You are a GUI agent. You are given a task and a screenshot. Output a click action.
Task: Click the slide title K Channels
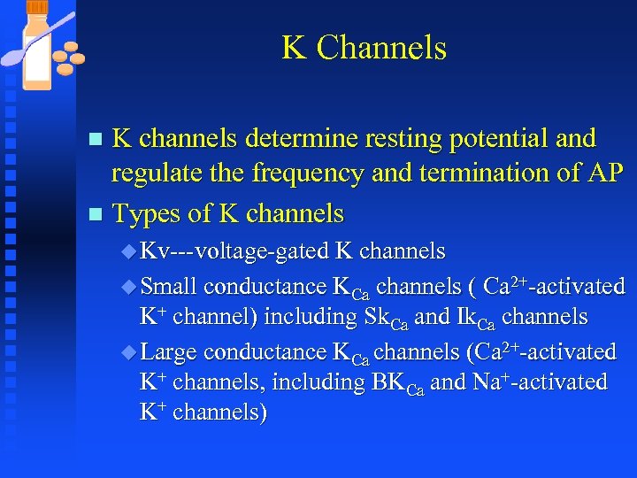[364, 47]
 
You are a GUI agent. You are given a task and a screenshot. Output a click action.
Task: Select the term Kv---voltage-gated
[234, 251]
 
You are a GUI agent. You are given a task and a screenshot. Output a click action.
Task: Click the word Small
[168, 287]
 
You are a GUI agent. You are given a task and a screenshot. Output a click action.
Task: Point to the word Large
[170, 352]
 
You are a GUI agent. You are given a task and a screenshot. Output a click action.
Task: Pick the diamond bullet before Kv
[128, 252]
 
